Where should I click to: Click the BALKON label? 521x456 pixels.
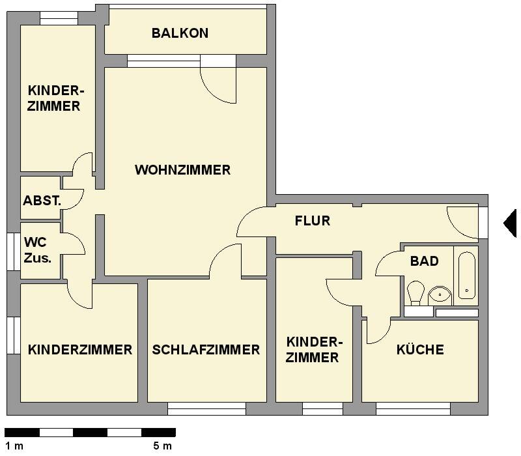click(180, 33)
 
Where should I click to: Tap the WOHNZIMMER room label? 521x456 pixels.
click(182, 170)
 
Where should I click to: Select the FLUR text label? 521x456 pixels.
click(313, 221)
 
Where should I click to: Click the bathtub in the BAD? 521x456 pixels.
click(466, 276)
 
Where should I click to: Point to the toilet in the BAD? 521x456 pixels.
click(415, 292)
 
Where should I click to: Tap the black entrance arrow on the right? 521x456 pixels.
click(510, 223)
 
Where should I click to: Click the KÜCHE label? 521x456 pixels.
click(420, 350)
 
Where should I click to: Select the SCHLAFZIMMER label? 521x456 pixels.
click(206, 350)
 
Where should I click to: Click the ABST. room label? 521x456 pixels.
click(42, 201)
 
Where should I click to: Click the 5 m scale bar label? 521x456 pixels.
click(162, 446)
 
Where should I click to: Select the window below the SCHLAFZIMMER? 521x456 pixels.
click(206, 409)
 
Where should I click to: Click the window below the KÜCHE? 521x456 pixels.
click(413, 409)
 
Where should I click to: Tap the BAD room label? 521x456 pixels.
click(424, 261)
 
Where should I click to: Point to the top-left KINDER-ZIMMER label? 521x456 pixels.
click(53, 98)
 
